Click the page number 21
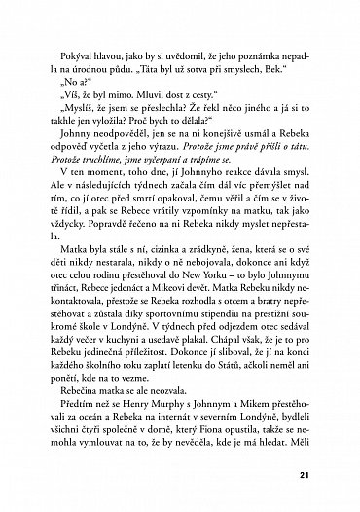(309, 474)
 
